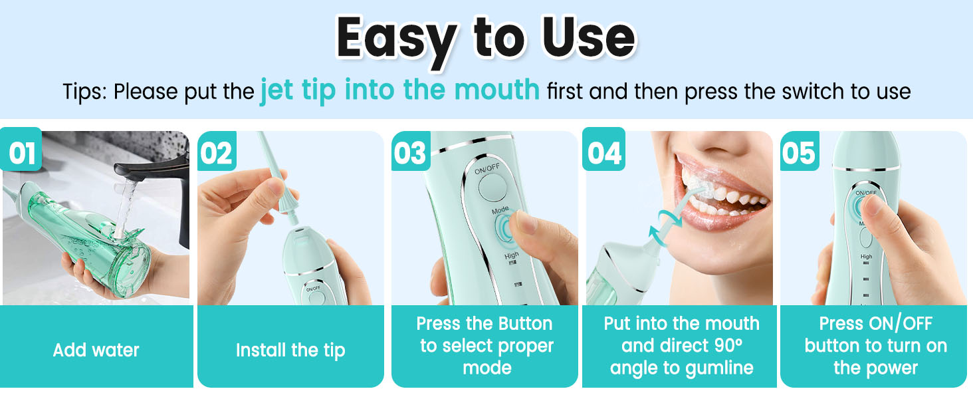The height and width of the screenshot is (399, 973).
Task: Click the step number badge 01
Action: click(x=21, y=152)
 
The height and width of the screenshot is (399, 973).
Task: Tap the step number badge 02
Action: click(x=217, y=152)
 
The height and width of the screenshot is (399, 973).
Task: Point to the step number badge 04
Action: click(x=603, y=152)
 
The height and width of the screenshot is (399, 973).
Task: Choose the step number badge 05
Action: click(x=799, y=152)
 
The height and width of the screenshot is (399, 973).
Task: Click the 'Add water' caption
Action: click(x=96, y=350)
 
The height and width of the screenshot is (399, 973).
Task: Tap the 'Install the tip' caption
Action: click(x=290, y=350)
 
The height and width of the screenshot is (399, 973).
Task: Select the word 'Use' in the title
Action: click(x=586, y=39)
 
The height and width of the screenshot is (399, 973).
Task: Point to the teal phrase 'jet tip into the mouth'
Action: click(x=399, y=89)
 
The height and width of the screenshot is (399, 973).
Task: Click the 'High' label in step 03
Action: click(x=511, y=255)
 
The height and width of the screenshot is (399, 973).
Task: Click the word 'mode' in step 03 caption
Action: click(x=486, y=368)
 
